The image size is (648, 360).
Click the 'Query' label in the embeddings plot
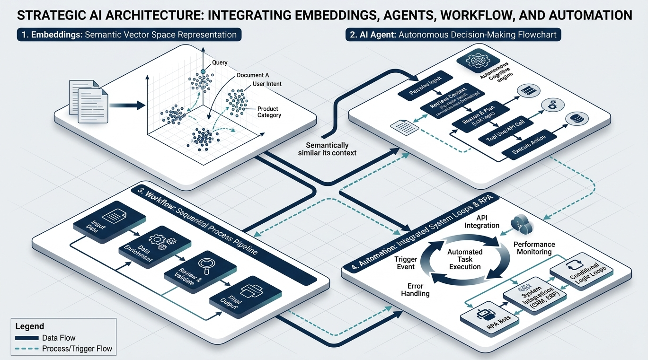[x=220, y=62]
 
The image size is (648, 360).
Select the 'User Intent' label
[x=267, y=84]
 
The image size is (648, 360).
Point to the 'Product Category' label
[x=269, y=112]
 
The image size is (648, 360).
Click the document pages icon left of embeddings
[x=89, y=97]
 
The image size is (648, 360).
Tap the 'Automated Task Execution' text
[x=465, y=259]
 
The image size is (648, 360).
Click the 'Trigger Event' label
[x=405, y=263]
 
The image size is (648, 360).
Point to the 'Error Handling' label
[x=412, y=290]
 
